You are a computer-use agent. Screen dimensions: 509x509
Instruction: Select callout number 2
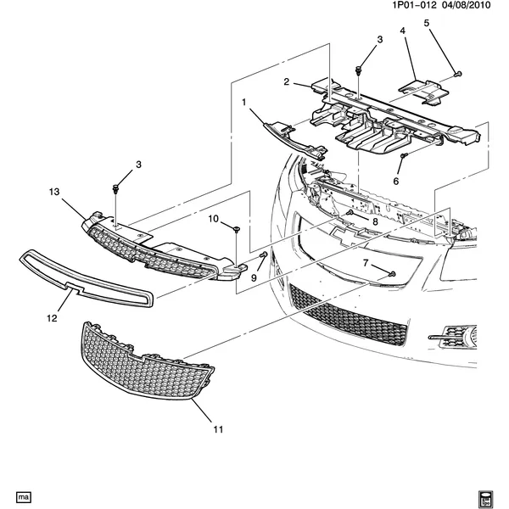tap(287, 82)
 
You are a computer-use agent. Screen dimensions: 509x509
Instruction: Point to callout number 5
tap(427, 22)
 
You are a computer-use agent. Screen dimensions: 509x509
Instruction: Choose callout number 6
tap(395, 181)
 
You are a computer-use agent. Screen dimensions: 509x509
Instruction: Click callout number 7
tap(366, 264)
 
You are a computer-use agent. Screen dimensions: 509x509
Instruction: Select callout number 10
tap(214, 219)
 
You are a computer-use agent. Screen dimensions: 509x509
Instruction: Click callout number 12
tap(52, 319)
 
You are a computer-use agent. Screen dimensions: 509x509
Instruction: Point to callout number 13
tap(53, 193)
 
